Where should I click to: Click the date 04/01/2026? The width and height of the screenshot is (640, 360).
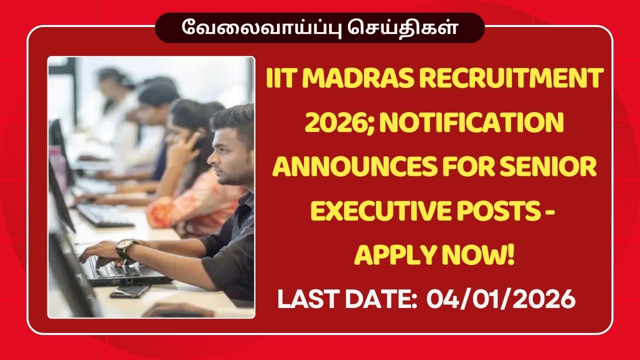coord(500,300)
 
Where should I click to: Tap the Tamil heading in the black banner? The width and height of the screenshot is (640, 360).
coord(319,27)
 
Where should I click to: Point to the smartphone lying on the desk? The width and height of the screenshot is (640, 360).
coord(130,290)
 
